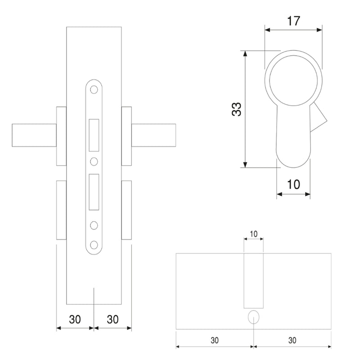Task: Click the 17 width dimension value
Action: click(293, 21)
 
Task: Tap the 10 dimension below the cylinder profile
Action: click(293, 184)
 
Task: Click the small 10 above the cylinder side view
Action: click(253, 234)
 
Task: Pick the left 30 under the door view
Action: click(75, 319)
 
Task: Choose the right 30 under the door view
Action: click(113, 319)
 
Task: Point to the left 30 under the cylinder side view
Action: click(214, 340)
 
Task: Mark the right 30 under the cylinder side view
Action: click(292, 340)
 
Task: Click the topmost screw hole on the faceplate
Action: click(94, 90)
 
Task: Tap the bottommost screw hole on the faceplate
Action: click(94, 244)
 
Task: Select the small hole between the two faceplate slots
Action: click(94, 161)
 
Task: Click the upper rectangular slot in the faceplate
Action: click(94, 135)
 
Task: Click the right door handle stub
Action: click(153, 135)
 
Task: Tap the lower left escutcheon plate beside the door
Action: click(61, 210)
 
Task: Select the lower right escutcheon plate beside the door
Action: click(126, 210)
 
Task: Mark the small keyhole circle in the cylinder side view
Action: click(254, 316)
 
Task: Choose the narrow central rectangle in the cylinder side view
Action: click(253, 280)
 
